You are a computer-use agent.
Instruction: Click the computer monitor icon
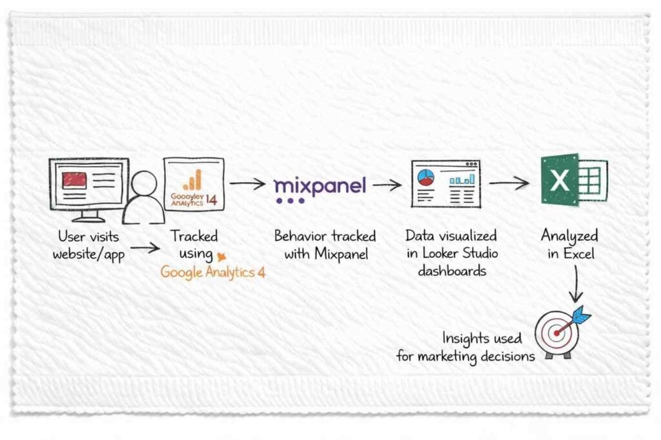(88, 187)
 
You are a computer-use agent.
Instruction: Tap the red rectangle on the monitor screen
(74, 180)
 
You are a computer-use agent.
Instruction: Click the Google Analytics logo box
(194, 183)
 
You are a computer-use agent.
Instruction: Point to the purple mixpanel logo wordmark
(320, 185)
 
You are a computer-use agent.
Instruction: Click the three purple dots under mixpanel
(289, 201)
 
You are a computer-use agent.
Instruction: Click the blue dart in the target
(580, 315)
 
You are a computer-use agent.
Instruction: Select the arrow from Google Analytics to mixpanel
(247, 184)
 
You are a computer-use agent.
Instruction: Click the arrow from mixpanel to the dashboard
(387, 185)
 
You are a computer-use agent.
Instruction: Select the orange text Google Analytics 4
(212, 272)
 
